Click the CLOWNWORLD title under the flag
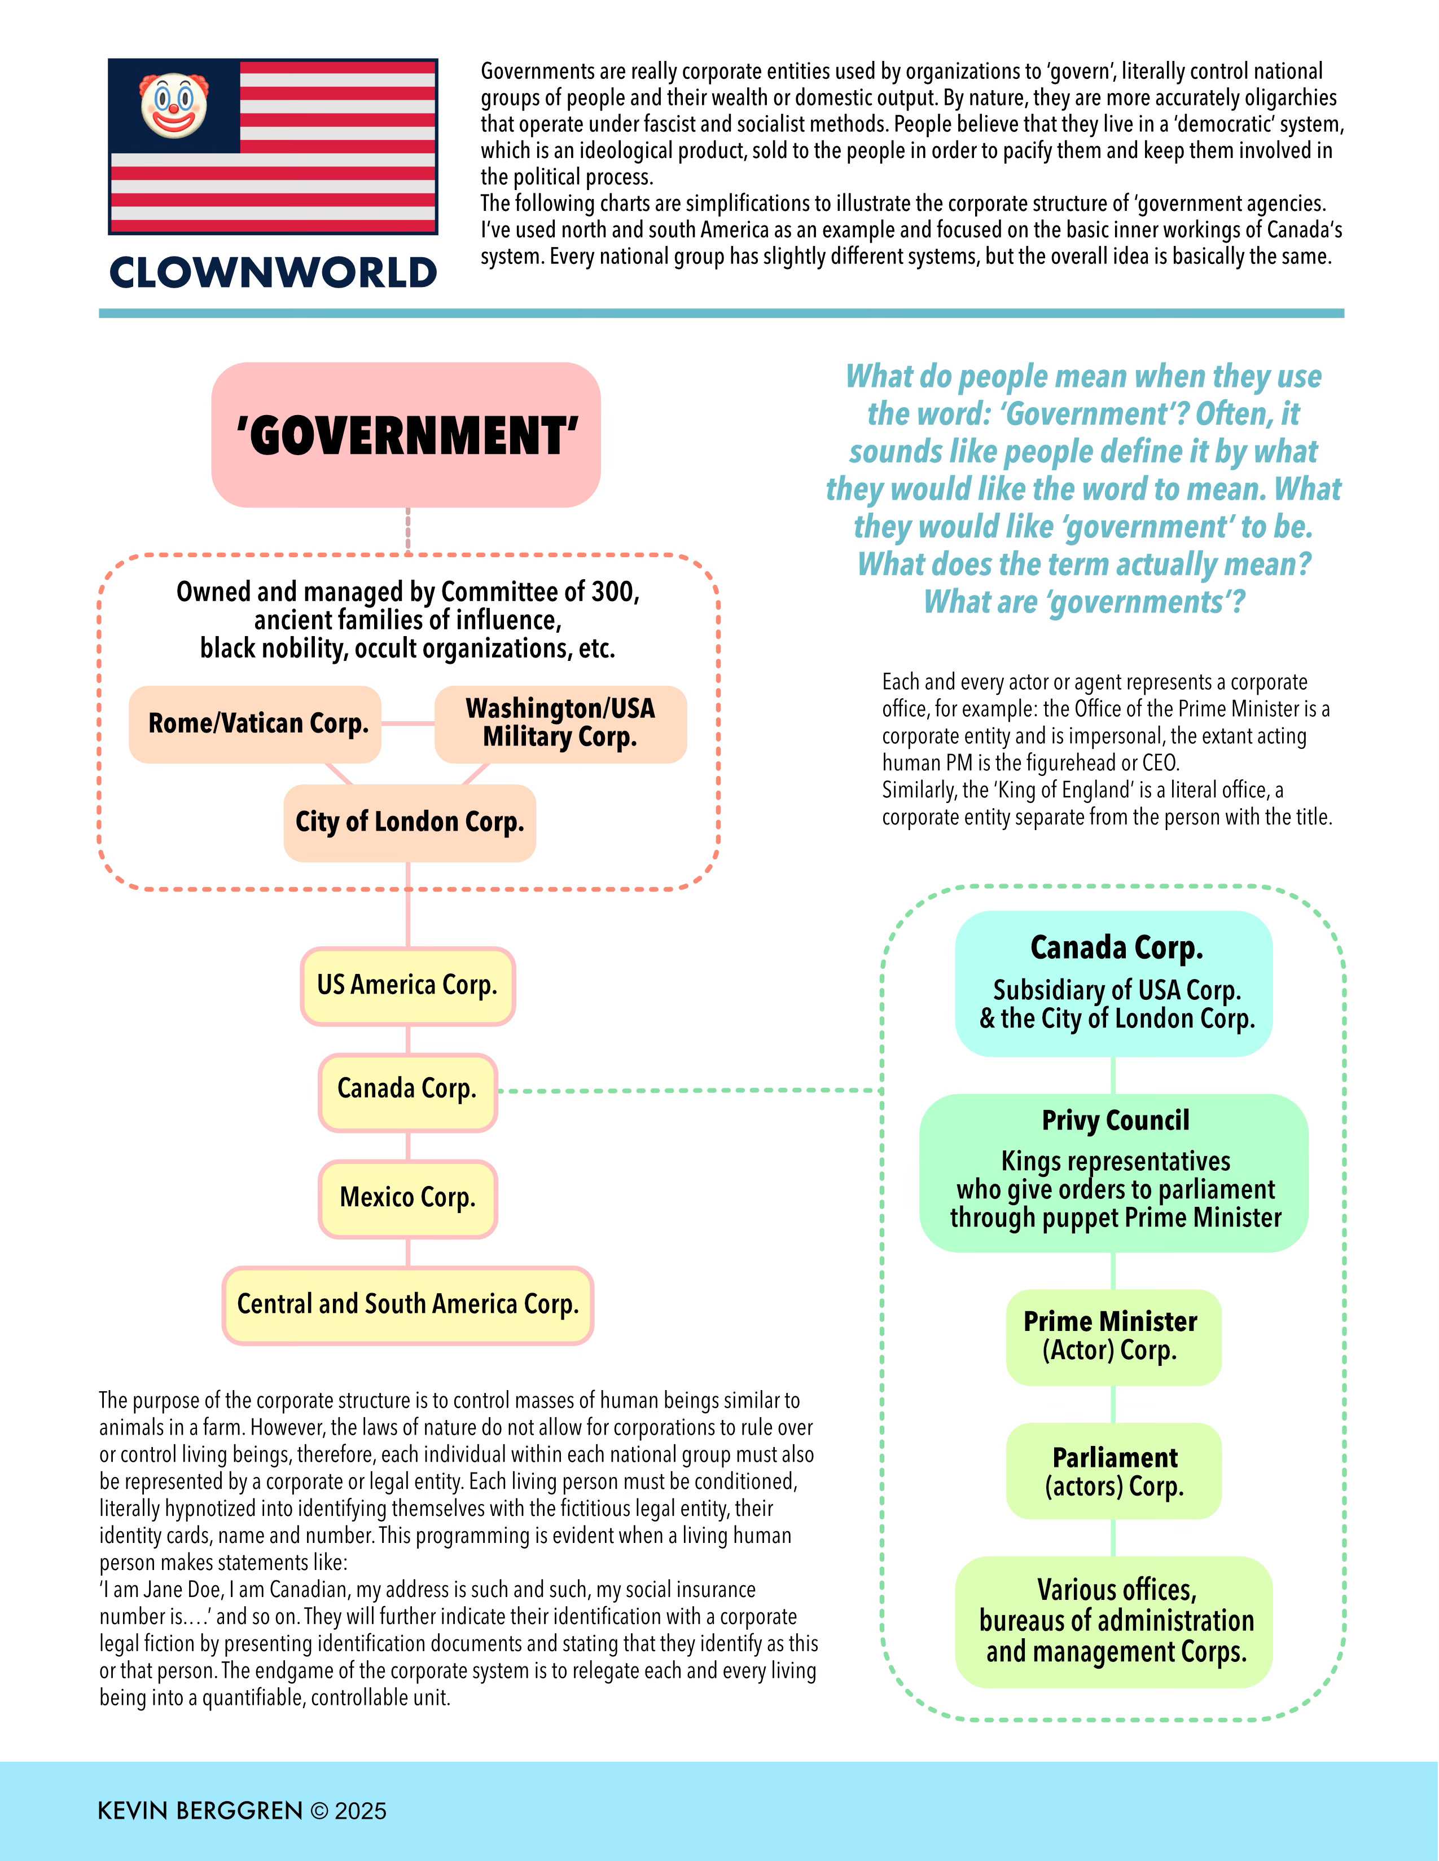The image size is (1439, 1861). [x=273, y=273]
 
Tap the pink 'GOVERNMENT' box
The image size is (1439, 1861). [x=406, y=435]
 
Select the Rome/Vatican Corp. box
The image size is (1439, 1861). [x=255, y=724]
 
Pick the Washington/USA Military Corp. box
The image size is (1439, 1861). [x=560, y=724]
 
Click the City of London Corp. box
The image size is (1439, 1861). [x=409, y=822]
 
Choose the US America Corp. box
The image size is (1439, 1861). [x=407, y=985]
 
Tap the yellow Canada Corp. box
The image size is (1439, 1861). [x=407, y=1090]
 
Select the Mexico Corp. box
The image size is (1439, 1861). [x=407, y=1198]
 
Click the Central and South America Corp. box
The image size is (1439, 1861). [x=407, y=1304]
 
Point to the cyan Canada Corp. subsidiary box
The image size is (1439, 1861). [x=1114, y=984]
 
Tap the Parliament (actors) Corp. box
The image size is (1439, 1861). [x=1113, y=1471]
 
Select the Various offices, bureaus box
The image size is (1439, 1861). [x=1113, y=1621]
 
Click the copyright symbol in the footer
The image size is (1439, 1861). [x=319, y=1811]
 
